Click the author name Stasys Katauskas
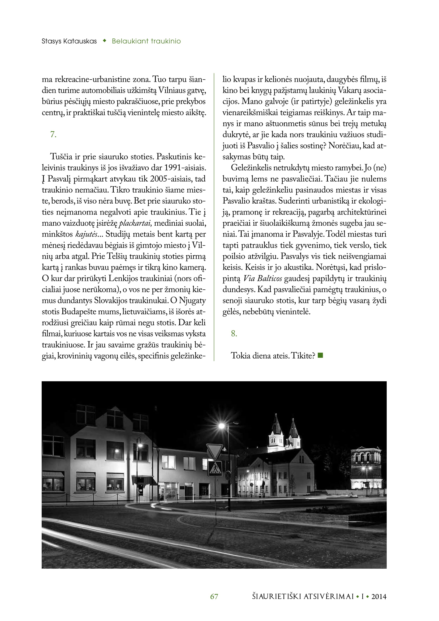pos(69,41)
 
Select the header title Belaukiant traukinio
pos(146,41)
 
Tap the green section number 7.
pos(53,134)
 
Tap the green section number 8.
pos(234,333)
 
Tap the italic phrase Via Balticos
pos(262,278)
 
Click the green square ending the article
pos(320,355)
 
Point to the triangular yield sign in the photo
pos(215,451)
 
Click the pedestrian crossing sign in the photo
pos(215,468)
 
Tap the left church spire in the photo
pos(276,425)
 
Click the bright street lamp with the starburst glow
pos(222,426)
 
